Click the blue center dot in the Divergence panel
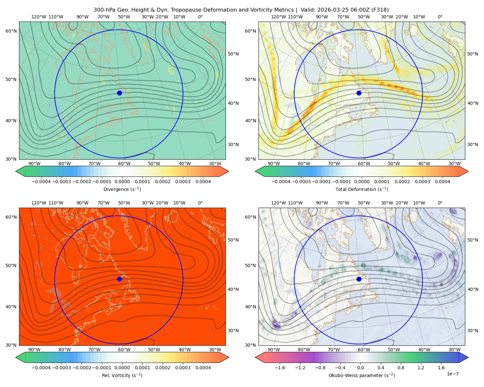pos(119,93)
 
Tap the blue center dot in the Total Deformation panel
pos(359,93)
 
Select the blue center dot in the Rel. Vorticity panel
pos(119,279)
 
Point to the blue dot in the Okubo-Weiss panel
pos(359,279)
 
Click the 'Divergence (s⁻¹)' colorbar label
pos(122,189)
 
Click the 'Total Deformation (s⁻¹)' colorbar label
pos(362,189)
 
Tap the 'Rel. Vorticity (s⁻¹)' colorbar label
pos(122,375)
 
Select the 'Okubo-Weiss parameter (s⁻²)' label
pos(362,375)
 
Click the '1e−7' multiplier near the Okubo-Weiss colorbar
pos(452,374)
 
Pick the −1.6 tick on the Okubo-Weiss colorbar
pos(280,368)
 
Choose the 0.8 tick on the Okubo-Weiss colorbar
pos(401,368)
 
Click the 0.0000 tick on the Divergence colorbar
pos(122,182)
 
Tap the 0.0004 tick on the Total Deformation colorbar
pos(442,182)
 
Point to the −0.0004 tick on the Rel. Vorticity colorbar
pos(41,368)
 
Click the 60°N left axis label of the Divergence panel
pos(11,31)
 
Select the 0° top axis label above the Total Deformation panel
pos(440,17)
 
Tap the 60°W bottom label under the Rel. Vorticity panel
pos(124,350)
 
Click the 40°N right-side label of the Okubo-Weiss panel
pos(472,289)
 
